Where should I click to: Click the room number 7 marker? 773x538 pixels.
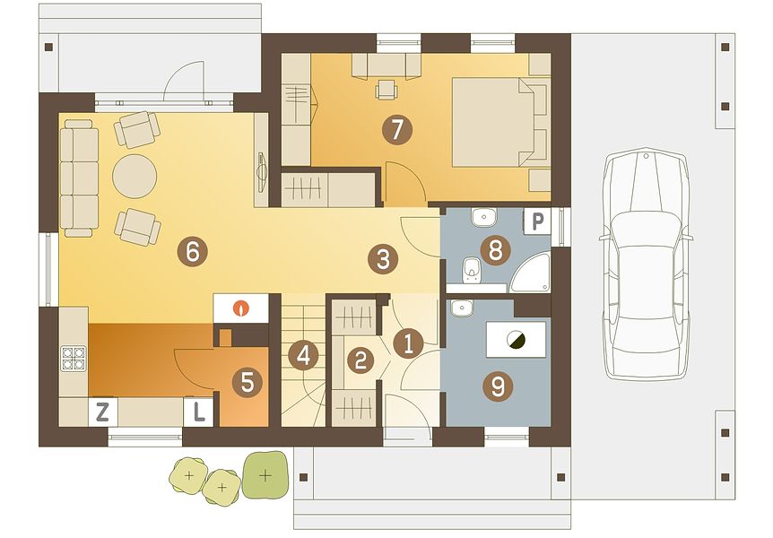pyautogui.click(x=397, y=130)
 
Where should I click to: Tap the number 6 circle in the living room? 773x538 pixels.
pyautogui.click(x=192, y=253)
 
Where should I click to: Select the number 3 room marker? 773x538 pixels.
pyautogui.click(x=384, y=259)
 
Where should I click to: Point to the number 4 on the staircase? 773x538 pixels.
pyautogui.click(x=303, y=356)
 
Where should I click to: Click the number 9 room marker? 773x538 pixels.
pyautogui.click(x=498, y=386)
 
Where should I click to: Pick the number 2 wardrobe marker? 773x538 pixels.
pyautogui.click(x=360, y=360)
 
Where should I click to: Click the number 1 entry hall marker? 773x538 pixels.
pyautogui.click(x=408, y=343)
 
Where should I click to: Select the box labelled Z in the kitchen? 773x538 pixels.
pyautogui.click(x=103, y=412)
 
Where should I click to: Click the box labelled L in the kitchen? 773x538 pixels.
pyautogui.click(x=198, y=412)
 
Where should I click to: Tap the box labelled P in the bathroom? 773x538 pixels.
pyautogui.click(x=537, y=221)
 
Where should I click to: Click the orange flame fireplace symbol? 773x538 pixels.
pyautogui.click(x=241, y=308)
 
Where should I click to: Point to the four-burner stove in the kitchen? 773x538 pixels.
pyautogui.click(x=73, y=359)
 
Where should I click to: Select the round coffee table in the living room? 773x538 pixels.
pyautogui.click(x=135, y=176)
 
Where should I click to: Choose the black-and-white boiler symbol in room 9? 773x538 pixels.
pyautogui.click(x=516, y=339)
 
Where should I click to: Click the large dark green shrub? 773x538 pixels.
pyautogui.click(x=265, y=475)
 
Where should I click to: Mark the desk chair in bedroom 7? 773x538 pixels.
pyautogui.click(x=387, y=90)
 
